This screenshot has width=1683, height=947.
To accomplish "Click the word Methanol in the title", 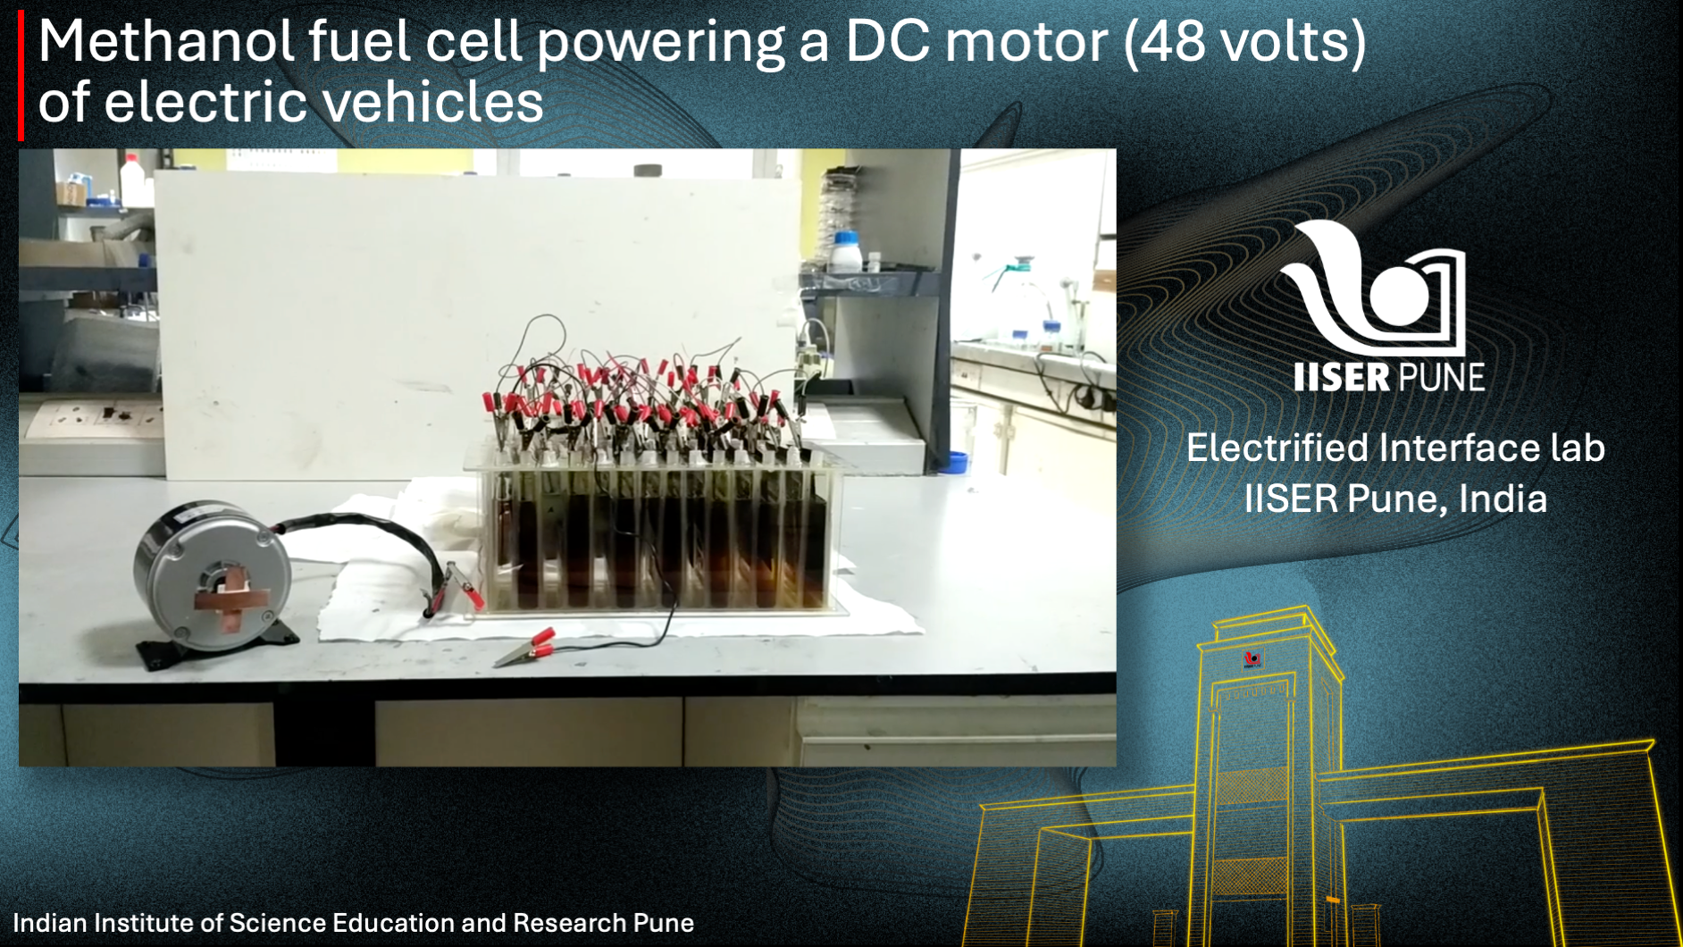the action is point(166,41).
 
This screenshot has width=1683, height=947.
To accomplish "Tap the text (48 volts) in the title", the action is point(1244,43).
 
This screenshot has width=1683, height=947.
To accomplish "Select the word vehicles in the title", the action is point(432,102).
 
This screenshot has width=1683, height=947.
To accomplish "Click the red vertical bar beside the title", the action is point(21,75).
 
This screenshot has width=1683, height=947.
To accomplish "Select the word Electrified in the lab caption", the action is point(1277,448).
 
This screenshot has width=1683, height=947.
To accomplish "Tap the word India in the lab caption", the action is point(1503,499).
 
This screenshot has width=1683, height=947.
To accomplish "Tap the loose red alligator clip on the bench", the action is point(527,647).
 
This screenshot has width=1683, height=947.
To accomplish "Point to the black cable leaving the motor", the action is point(366,536).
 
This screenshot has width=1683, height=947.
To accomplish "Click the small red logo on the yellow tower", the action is point(1252,659).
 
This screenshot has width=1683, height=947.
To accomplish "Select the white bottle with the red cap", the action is point(132,180).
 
